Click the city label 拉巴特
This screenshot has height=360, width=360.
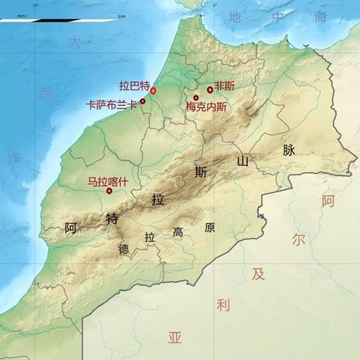tap(134, 84)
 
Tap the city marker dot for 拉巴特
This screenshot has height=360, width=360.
tap(153, 91)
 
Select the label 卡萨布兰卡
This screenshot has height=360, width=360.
tap(111, 104)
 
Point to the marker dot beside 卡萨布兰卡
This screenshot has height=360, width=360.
tap(143, 101)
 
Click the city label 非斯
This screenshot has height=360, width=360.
tap(225, 85)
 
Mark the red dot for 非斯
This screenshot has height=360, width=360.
tap(210, 90)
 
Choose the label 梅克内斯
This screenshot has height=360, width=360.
tap(206, 107)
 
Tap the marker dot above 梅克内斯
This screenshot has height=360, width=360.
tap(195, 97)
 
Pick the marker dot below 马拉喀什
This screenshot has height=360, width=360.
tap(109, 191)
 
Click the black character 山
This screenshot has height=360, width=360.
tap(243, 162)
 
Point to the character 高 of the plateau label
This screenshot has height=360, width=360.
tap(178, 232)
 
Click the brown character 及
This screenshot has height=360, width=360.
tap(258, 274)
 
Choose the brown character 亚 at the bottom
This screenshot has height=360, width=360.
tap(175, 337)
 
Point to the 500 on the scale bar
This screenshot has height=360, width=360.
tap(121, 15)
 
